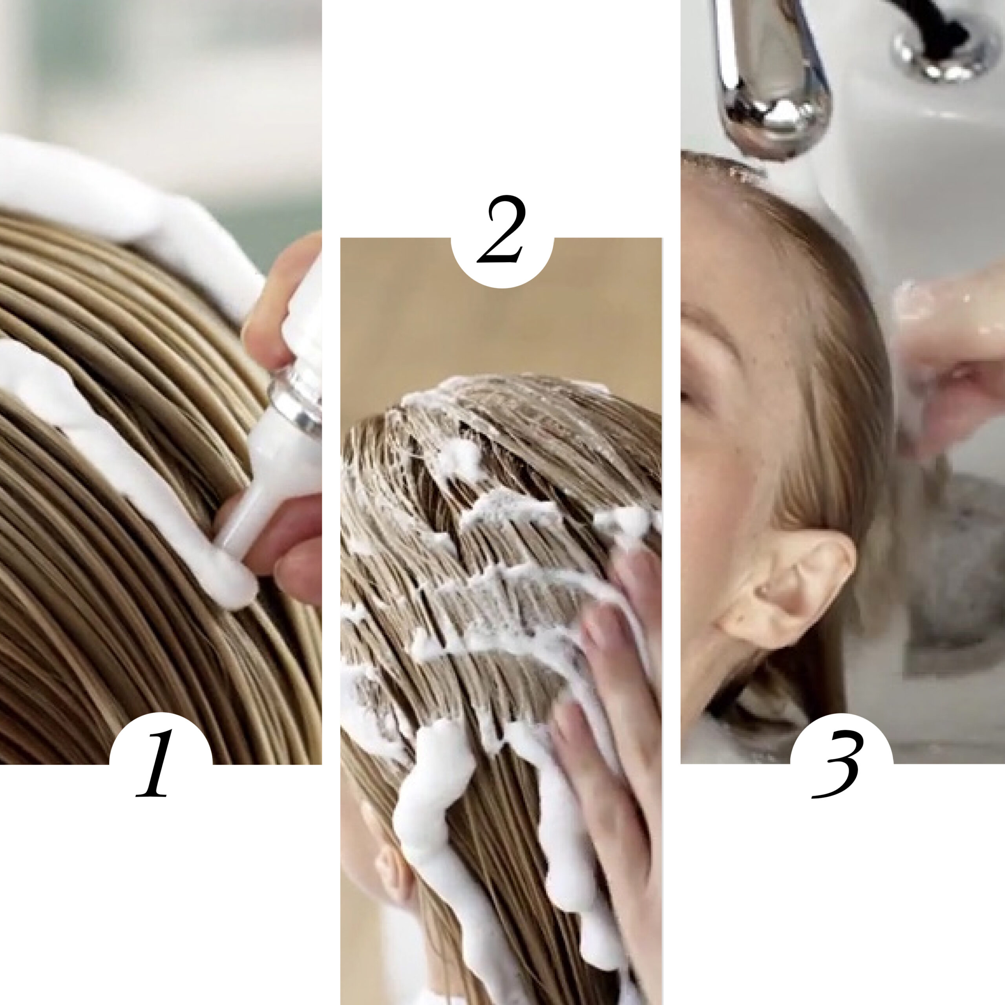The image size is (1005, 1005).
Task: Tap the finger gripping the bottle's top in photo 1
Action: (x=281, y=291)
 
